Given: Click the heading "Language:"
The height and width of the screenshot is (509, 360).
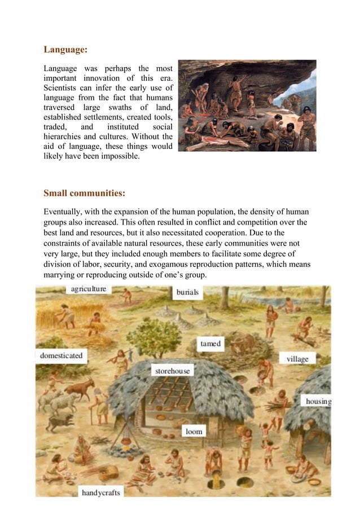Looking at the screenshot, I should pos(65,50).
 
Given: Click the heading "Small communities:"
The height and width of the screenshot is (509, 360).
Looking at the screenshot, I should pos(84,194).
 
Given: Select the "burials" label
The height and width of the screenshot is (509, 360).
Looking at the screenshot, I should pos(187,293).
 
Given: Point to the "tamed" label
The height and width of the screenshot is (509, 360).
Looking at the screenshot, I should pos(210,344).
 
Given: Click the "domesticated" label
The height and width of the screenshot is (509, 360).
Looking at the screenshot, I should pos(61,356).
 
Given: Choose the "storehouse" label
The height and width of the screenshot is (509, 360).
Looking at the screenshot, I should pos(173,371).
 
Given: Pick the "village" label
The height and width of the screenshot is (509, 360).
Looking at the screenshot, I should pos(297,359).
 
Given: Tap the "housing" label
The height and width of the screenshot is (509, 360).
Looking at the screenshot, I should pos(318,401).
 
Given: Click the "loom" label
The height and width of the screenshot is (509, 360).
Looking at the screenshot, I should pos(194,432).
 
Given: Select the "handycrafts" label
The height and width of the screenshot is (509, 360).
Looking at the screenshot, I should pos(101,493).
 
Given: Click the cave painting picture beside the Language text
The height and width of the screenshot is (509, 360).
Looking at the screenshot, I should pos(247,106).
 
